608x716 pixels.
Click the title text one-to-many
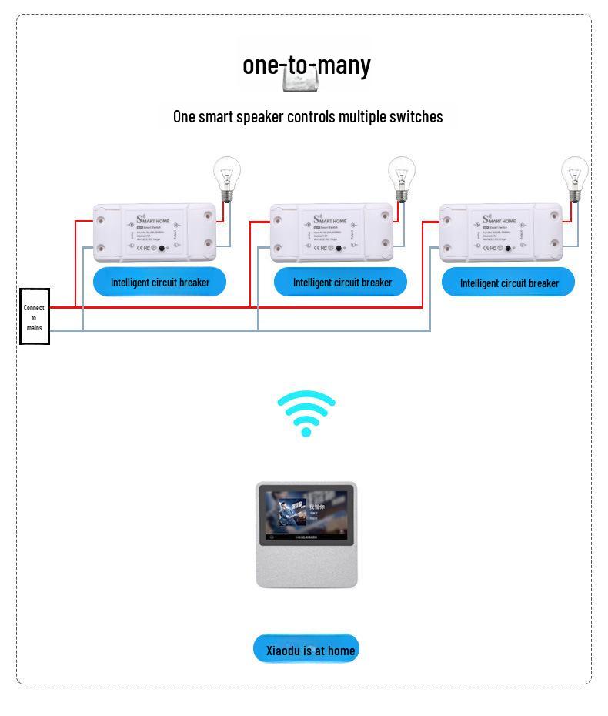point(306,65)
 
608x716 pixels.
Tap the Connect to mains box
point(35,316)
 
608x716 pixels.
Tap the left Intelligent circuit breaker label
point(159,283)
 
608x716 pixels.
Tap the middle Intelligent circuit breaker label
point(341,283)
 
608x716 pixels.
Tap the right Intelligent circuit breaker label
point(509,283)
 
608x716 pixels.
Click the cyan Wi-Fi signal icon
point(306,413)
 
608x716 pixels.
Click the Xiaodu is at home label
point(307,650)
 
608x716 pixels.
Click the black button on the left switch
point(162,249)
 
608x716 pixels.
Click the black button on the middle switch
point(339,249)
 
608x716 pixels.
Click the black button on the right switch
point(508,249)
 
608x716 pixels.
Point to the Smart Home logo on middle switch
point(329,220)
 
